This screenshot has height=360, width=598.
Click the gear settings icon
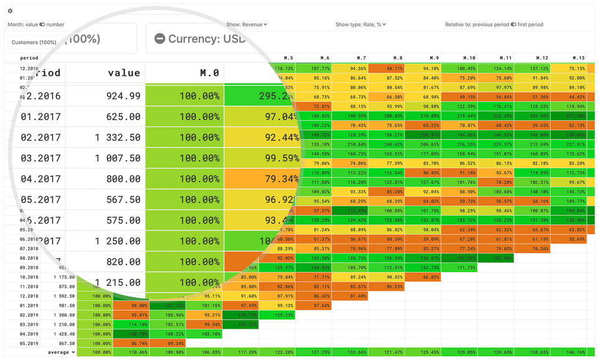(10, 11)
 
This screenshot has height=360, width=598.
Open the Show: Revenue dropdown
(247, 25)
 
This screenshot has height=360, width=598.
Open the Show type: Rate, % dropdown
(361, 25)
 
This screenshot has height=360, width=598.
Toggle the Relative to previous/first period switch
(513, 25)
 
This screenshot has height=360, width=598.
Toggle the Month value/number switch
(42, 25)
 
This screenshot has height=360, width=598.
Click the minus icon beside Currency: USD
(159, 39)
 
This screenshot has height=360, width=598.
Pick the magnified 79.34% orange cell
(262, 179)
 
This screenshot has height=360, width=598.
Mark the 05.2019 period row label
(29, 343)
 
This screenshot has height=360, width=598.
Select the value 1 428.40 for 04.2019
(64, 334)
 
